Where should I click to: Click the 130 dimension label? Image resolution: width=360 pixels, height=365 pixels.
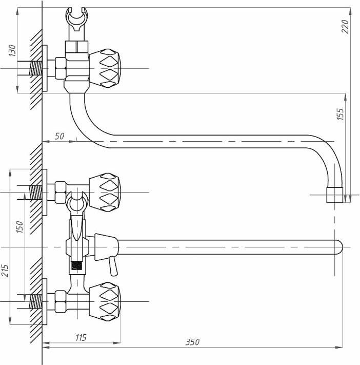12,50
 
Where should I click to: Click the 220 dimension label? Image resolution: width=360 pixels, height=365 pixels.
345,26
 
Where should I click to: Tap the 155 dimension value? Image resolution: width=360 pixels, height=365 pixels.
340,114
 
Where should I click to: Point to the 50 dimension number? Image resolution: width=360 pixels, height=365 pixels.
59,136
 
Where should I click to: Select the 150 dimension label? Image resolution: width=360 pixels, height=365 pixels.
19,227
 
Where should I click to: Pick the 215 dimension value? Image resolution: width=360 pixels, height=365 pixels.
5,271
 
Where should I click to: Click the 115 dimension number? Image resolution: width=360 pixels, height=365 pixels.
81,337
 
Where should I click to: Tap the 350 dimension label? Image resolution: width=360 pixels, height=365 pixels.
192,342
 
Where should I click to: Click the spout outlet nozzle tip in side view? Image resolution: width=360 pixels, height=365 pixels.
335,195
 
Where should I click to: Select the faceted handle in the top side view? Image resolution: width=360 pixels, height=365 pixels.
105,68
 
